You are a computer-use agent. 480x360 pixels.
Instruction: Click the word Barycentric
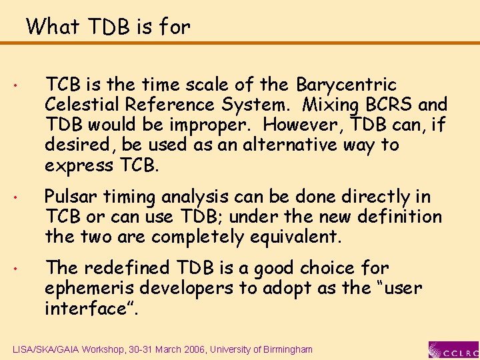click(346, 85)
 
